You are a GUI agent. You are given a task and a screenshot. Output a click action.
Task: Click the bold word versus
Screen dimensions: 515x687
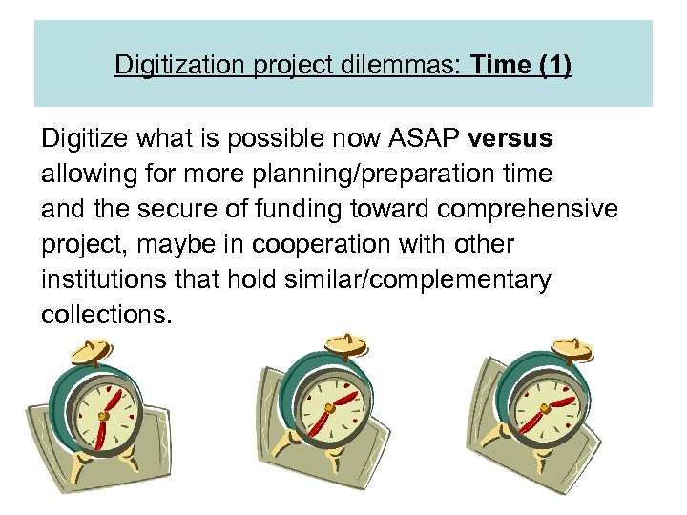510,139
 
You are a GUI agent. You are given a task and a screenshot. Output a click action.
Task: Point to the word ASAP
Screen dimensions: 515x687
424,139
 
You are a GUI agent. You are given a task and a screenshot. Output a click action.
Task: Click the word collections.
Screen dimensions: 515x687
107,315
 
